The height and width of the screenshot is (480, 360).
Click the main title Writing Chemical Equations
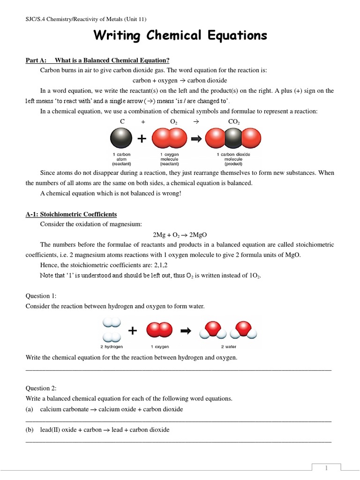180,36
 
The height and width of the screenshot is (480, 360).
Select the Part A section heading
97,60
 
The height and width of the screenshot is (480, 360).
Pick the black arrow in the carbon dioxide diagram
196,139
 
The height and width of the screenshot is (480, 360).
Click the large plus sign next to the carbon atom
141,139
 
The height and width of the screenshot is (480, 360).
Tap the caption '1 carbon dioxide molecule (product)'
233,159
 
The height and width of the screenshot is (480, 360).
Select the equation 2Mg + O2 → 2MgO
180,234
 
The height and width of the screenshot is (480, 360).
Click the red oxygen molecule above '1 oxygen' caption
160,330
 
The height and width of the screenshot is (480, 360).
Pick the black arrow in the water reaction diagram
186,331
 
